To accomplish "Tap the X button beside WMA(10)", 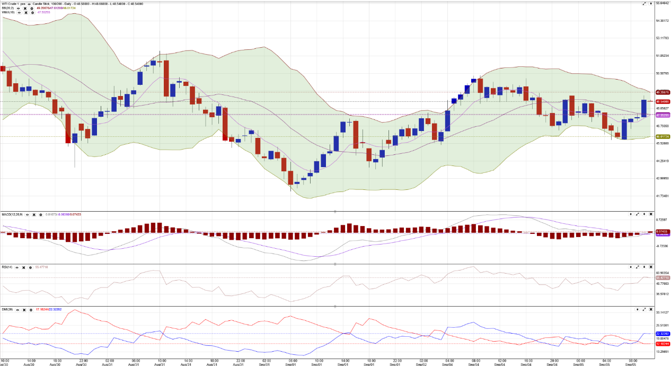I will pyautogui.click(x=26, y=12).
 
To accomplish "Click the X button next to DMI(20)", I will pyautogui.click(x=24, y=309).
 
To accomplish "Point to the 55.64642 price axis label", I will pyautogui.click(x=662, y=3).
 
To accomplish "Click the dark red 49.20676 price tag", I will pyautogui.click(x=662, y=92).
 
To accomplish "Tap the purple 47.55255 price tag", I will pyautogui.click(x=662, y=115).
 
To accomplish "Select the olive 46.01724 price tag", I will pyautogui.click(x=662, y=137).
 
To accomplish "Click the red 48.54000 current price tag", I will pyautogui.click(x=662, y=101).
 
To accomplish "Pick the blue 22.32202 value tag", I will pyautogui.click(x=662, y=334).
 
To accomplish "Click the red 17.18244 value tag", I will pyautogui.click(x=662, y=344).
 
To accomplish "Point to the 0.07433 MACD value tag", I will pyautogui.click(x=662, y=232).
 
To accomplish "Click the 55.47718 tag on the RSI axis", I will pyautogui.click(x=662, y=278).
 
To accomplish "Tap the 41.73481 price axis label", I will pyautogui.click(x=662, y=196).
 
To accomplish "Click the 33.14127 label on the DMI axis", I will pyautogui.click(x=662, y=312).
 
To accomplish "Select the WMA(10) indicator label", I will pyautogui.click(x=8, y=12).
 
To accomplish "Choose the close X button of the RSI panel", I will pyautogui.click(x=651, y=267).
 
